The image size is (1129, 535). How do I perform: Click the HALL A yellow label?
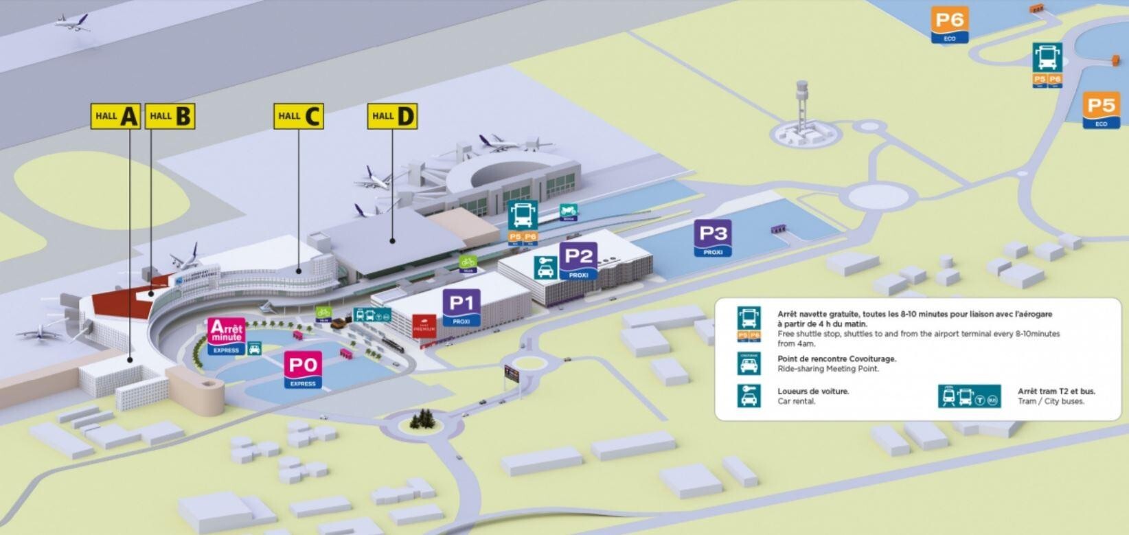115,116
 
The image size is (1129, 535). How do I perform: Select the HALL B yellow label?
170,116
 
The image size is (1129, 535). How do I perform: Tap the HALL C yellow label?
298,116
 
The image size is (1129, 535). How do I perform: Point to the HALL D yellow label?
392,116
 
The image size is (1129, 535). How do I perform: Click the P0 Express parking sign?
303,369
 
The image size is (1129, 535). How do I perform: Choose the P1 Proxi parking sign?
461,306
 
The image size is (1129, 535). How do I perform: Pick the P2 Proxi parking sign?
578,260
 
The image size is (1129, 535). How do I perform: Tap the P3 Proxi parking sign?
713,238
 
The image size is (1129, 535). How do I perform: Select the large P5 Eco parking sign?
1101,110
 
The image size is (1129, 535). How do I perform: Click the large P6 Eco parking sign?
949,25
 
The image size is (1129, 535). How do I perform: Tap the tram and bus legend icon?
969,396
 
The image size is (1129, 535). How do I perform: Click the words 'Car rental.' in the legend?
796,401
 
